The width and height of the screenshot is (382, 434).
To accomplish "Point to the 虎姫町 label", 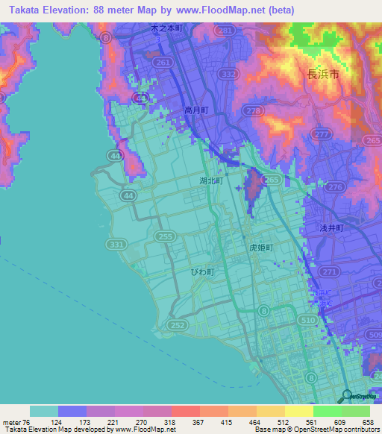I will pyautogui.click(x=261, y=247).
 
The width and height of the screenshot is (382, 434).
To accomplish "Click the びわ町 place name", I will pyautogui.click(x=201, y=272).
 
